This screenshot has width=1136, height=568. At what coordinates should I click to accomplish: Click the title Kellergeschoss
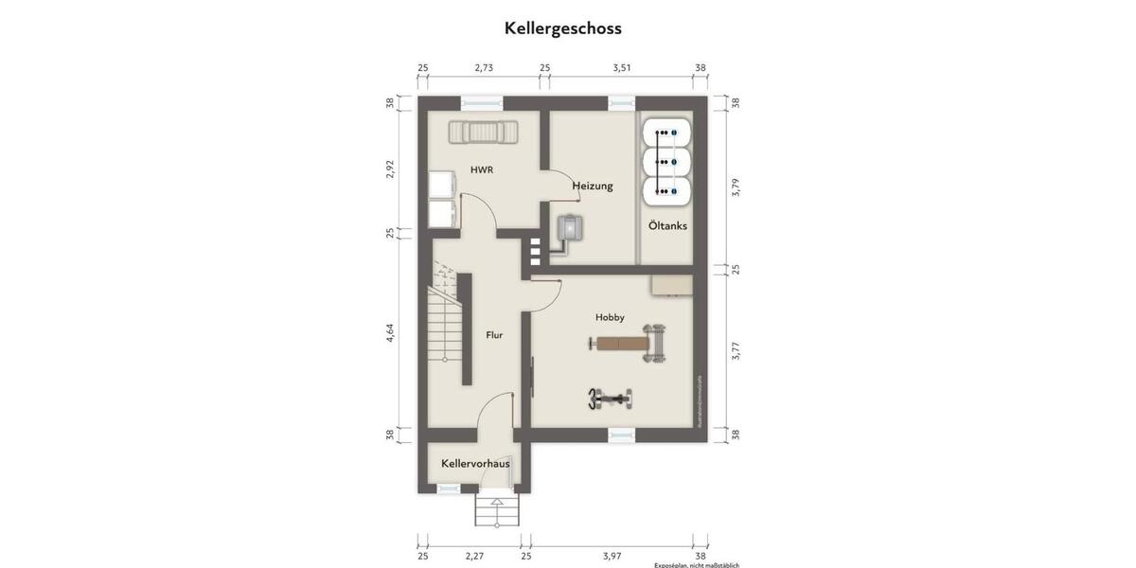(x=562, y=28)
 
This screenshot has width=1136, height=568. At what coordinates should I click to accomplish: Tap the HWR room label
(x=483, y=170)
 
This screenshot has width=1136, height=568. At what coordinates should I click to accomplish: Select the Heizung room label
(x=593, y=186)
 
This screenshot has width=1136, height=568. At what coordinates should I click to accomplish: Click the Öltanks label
(x=667, y=226)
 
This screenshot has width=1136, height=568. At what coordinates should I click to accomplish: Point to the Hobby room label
(x=610, y=317)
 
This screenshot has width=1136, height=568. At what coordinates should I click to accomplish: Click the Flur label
(x=494, y=334)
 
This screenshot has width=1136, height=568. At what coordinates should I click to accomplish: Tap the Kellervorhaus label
(x=475, y=463)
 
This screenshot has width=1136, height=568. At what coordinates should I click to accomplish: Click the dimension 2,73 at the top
(x=484, y=68)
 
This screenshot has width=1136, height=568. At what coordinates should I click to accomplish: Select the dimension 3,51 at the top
(x=621, y=68)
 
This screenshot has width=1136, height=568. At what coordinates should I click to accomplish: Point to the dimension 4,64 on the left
(x=390, y=333)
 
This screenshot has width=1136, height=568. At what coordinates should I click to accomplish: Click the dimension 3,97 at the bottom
(x=612, y=556)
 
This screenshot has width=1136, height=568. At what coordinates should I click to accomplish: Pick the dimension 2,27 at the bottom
(x=474, y=556)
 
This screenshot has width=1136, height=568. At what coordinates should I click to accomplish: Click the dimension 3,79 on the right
(x=736, y=186)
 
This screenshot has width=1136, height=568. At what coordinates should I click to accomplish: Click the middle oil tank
(x=666, y=162)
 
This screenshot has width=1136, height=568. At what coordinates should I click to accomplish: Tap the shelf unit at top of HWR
(x=484, y=132)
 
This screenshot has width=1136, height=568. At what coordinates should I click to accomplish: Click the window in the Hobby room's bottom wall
(x=621, y=435)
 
